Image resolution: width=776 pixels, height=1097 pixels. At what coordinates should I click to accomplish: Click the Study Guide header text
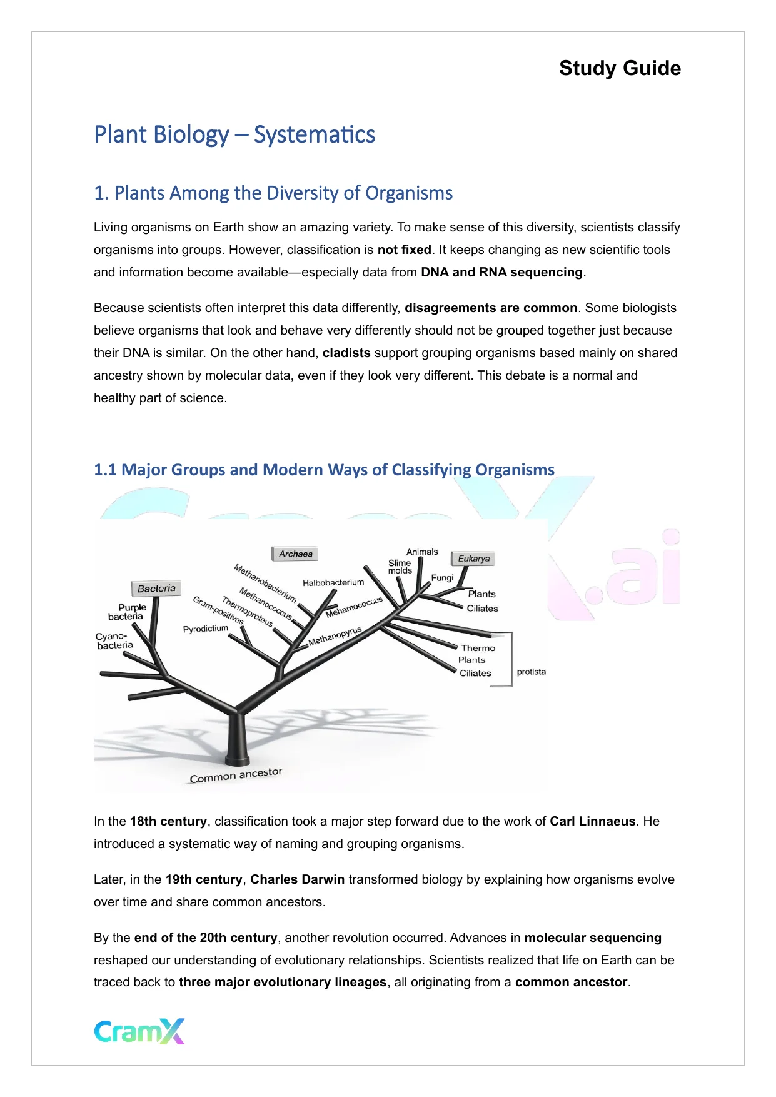[x=620, y=68]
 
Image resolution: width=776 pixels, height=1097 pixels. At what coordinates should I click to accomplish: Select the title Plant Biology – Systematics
[x=234, y=135]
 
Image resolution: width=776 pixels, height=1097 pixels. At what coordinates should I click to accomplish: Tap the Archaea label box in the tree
[x=295, y=554]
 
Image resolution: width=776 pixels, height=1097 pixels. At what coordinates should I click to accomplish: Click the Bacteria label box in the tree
[x=156, y=589]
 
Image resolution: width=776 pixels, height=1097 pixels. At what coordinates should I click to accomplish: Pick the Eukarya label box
[x=473, y=559]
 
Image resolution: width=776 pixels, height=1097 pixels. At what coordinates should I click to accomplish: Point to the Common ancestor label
[x=236, y=776]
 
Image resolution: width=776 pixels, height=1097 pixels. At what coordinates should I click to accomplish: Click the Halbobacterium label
[x=333, y=583]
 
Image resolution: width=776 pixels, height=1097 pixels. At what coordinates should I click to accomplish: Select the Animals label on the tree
[x=422, y=552]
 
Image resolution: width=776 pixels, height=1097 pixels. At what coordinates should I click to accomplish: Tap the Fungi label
[x=442, y=578]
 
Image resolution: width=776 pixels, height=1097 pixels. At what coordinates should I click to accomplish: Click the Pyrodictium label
[x=205, y=629]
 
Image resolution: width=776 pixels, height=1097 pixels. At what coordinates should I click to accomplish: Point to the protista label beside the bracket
[x=531, y=672]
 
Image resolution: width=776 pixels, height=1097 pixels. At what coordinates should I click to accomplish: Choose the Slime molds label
[x=400, y=567]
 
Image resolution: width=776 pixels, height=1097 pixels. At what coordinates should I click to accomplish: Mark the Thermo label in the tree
[x=478, y=649]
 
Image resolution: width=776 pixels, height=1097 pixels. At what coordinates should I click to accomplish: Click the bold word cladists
[x=346, y=353]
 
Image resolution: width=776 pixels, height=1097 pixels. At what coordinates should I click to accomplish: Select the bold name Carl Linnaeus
[x=592, y=821]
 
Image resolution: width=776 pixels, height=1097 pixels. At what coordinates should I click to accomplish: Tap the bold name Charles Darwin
[x=298, y=879]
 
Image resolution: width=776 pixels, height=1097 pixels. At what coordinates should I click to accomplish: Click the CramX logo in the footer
[x=139, y=1031]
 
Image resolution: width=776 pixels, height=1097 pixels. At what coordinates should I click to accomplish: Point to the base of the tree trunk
[x=237, y=758]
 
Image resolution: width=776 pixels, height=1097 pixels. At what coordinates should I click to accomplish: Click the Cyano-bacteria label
[x=114, y=641]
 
